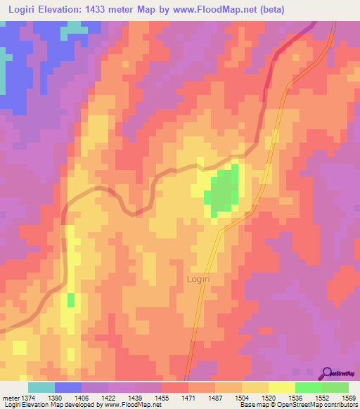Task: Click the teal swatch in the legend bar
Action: tap(41, 387)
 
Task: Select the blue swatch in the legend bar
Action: tap(67, 387)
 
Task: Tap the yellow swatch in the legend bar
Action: tap(281, 387)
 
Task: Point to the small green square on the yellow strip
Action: tap(70, 300)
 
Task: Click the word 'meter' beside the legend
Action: tap(11, 398)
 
